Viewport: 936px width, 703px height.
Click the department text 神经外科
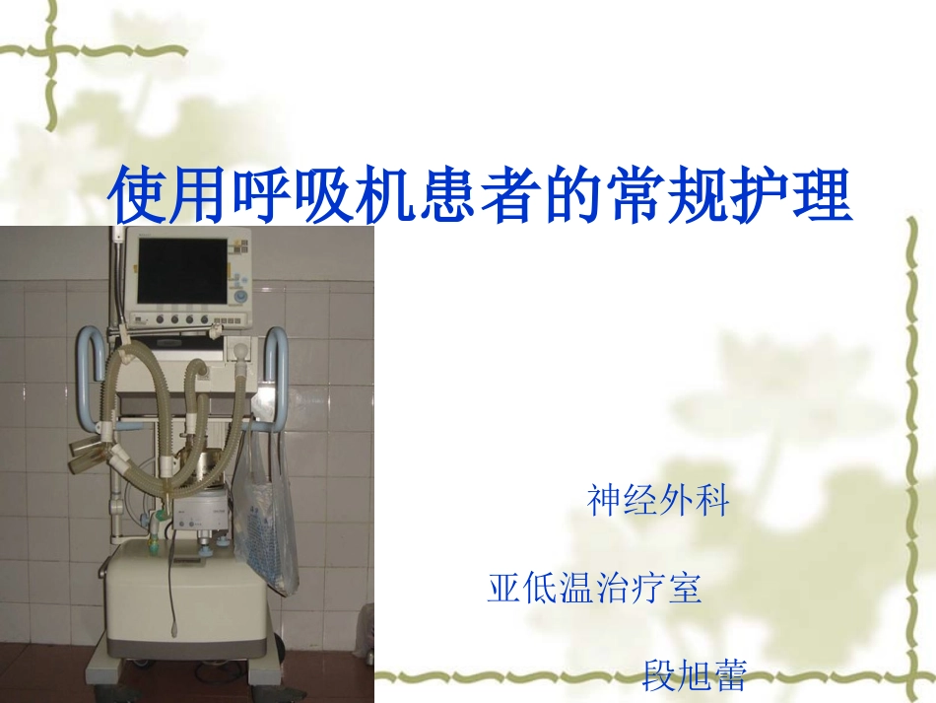click(658, 501)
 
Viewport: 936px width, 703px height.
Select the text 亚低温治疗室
click(594, 589)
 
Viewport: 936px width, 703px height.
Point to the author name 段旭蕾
click(694, 675)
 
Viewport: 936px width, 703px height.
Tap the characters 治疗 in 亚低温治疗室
click(631, 589)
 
